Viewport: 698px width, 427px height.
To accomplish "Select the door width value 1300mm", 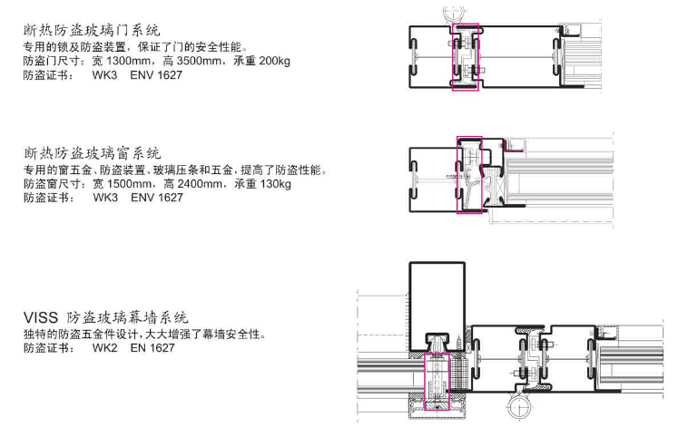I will (x=130, y=61).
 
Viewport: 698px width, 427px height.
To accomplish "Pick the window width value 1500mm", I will (x=130, y=184).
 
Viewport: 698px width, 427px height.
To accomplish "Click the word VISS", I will (x=41, y=317).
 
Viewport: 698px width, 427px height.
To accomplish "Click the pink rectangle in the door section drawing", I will (x=465, y=57).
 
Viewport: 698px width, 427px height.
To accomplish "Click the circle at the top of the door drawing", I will (x=450, y=13).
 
